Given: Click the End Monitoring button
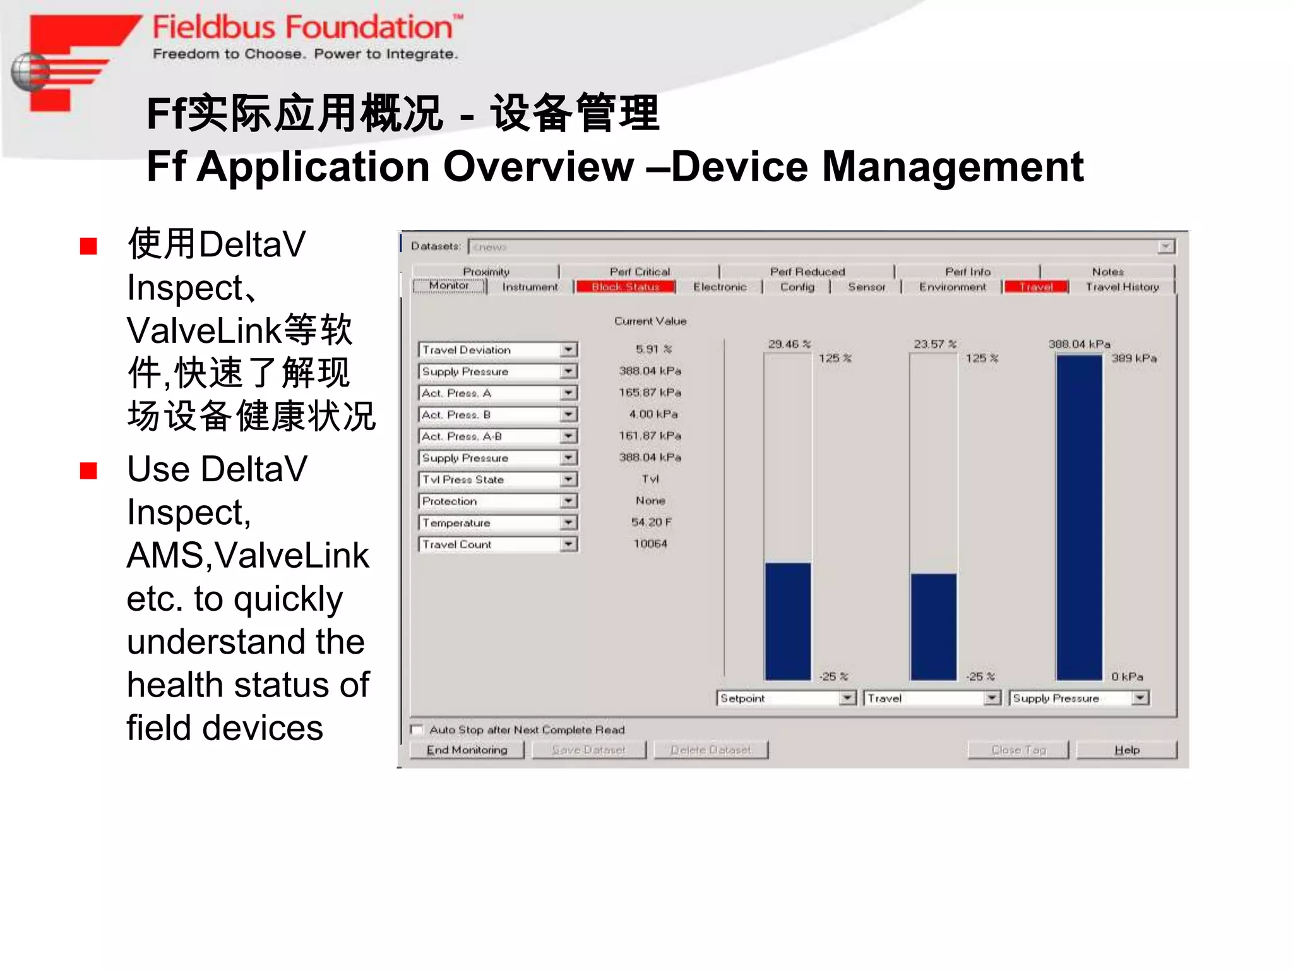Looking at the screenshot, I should (467, 750).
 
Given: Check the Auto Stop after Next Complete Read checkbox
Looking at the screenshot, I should (417, 729).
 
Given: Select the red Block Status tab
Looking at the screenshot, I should (625, 287).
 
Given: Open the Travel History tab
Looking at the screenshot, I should (1122, 287).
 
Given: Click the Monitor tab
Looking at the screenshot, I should (449, 286).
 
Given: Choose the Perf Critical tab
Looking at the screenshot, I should (639, 272).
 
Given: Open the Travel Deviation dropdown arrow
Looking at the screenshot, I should (568, 350).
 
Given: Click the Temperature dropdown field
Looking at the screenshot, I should (489, 523).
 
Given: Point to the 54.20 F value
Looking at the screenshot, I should (651, 522).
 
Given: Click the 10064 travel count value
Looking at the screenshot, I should (650, 544).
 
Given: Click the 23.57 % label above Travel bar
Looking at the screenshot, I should (934, 344).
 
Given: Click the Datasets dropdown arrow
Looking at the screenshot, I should (1165, 246).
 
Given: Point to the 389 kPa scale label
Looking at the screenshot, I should (1134, 358).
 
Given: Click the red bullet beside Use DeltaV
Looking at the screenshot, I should (88, 471).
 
